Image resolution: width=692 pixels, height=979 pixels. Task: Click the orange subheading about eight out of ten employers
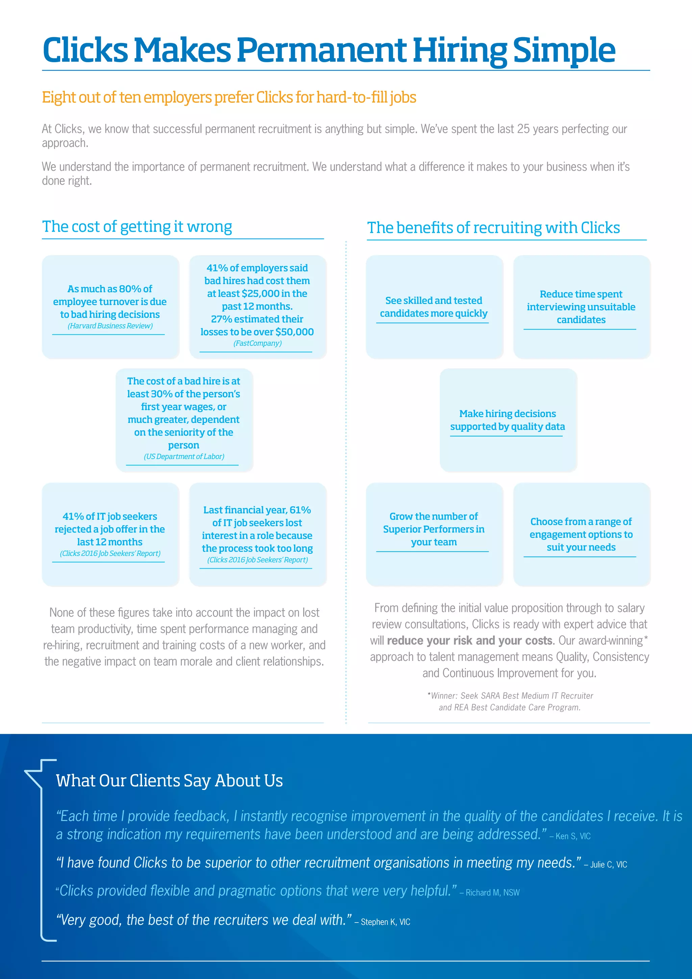pyautogui.click(x=229, y=98)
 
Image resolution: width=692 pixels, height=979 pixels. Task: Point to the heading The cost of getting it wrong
pyautogui.click(x=137, y=226)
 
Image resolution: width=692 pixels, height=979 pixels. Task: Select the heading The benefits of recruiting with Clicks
pyautogui.click(x=493, y=228)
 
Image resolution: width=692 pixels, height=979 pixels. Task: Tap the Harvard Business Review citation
pyautogui.click(x=110, y=326)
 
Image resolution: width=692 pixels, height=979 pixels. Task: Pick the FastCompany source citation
pyautogui.click(x=257, y=343)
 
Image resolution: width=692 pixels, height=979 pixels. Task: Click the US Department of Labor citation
pyautogui.click(x=184, y=457)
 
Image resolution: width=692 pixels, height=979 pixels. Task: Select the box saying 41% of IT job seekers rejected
pyautogui.click(x=110, y=529)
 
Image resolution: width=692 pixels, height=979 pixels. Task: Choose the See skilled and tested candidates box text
pyautogui.click(x=434, y=307)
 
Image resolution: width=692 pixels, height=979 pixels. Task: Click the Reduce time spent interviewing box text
pyautogui.click(x=581, y=307)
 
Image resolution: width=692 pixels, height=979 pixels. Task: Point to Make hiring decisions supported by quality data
pyautogui.click(x=508, y=420)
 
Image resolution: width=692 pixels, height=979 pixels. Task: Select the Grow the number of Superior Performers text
pyautogui.click(x=434, y=529)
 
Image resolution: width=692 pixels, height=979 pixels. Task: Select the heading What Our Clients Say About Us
pyautogui.click(x=169, y=781)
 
